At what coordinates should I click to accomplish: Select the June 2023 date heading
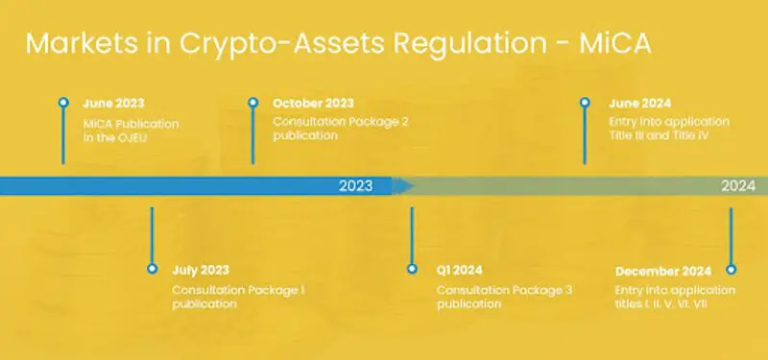pyautogui.click(x=112, y=103)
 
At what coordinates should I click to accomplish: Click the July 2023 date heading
pyautogui.click(x=201, y=271)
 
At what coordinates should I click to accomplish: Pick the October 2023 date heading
pyautogui.click(x=313, y=103)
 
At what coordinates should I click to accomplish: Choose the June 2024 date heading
pyautogui.click(x=639, y=103)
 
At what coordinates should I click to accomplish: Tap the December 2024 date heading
pyautogui.click(x=662, y=271)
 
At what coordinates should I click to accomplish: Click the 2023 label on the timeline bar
pyautogui.click(x=355, y=186)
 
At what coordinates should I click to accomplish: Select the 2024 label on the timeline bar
pyautogui.click(x=738, y=186)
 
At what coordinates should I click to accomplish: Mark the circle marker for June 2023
pyautogui.click(x=63, y=102)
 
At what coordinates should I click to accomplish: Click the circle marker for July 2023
pyautogui.click(x=152, y=270)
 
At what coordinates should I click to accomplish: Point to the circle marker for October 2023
pyautogui.click(x=253, y=102)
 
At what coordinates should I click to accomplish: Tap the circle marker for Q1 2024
pyautogui.click(x=412, y=270)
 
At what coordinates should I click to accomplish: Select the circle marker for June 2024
pyautogui.click(x=586, y=102)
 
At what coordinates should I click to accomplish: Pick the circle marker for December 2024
pyautogui.click(x=731, y=270)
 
